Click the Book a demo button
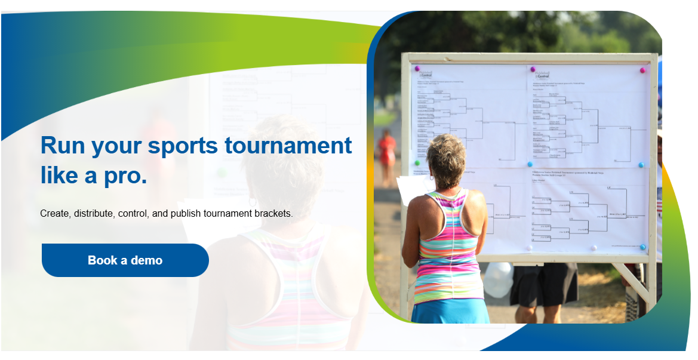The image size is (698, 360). click(125, 260)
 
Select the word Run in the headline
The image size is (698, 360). click(62, 146)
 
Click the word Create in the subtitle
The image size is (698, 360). click(55, 213)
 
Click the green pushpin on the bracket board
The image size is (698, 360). click(417, 162)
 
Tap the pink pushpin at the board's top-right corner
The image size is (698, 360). click(642, 70)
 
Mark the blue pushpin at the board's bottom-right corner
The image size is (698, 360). click(642, 247)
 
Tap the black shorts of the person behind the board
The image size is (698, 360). click(543, 284)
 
